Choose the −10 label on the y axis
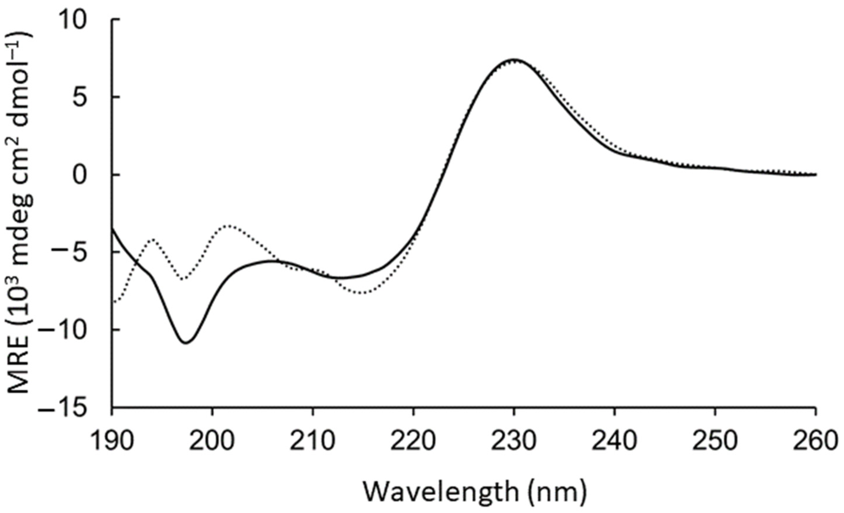(69, 329)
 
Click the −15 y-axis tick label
(69, 407)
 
